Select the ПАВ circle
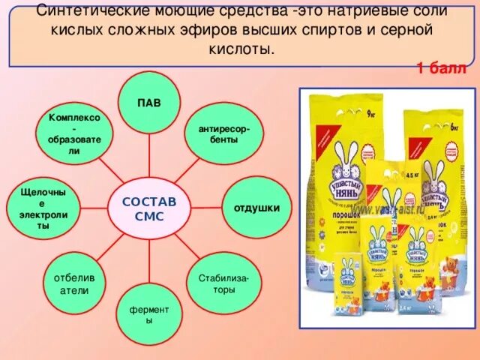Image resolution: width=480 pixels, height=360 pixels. click(148, 102)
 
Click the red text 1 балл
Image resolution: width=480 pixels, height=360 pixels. click(442, 69)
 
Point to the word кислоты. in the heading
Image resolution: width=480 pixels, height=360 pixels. click(239, 49)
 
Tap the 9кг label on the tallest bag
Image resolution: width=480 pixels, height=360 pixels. click(371, 115)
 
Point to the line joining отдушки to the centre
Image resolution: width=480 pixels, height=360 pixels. click(202, 207)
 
